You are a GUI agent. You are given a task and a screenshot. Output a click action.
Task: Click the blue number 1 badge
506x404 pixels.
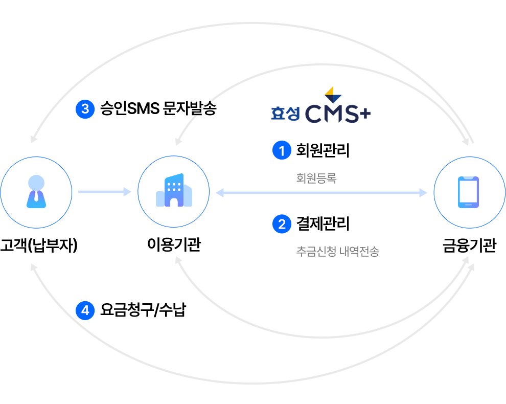click(281, 151)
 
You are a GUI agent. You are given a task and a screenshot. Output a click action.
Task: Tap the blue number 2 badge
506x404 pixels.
click(281, 224)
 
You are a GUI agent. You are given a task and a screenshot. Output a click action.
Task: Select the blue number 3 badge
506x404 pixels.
click(85, 109)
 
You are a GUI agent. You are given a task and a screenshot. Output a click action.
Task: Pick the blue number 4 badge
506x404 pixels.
click(85, 310)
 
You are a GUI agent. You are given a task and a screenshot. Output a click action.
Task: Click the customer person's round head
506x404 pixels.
click(36, 182)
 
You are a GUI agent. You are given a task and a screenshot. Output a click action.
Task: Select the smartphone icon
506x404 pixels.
click(468, 192)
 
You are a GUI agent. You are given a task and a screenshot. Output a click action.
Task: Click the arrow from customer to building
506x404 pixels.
click(104, 192)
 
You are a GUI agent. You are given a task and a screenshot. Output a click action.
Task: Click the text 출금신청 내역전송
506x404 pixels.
click(337, 251)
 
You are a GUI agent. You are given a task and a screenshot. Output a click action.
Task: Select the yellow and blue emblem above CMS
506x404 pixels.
click(333, 95)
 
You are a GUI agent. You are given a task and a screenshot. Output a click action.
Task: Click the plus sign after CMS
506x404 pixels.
click(363, 115)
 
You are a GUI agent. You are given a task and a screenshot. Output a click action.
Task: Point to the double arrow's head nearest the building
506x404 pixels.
click(219, 192)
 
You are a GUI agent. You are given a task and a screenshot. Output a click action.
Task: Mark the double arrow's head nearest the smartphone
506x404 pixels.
click(423, 192)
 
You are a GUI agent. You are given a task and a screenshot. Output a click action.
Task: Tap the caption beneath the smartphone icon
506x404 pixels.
click(469, 247)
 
